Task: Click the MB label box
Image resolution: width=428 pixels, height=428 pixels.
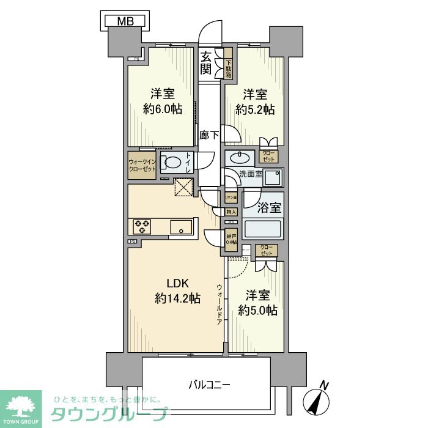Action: (125, 21)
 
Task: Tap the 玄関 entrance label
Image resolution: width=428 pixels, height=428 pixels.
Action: (207, 63)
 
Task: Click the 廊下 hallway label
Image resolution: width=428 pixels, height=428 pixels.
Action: (208, 135)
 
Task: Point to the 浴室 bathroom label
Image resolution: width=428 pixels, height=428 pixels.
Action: (268, 208)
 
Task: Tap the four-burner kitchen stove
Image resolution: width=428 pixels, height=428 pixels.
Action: (142, 226)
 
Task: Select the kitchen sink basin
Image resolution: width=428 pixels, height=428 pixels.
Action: (181, 226)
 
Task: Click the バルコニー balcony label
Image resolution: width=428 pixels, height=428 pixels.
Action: (208, 385)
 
